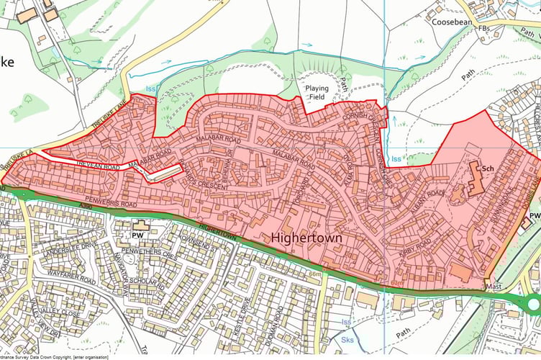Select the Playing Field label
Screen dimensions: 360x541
[x=317, y=92]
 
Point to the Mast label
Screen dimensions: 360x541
[x=492, y=286]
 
